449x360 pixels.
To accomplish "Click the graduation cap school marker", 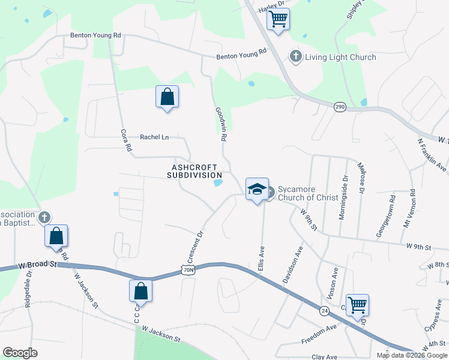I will (x=257, y=189).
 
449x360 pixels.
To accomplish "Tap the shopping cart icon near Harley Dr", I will (x=278, y=19).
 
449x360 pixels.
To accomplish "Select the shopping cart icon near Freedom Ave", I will (x=357, y=305).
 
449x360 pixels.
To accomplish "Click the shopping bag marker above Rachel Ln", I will (x=167, y=97).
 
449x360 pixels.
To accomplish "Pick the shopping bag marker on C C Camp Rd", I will (x=140, y=291).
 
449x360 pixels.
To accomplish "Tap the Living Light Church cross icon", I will (x=295, y=57).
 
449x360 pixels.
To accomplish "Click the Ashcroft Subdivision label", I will (x=194, y=171).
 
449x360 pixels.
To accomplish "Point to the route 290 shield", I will (x=340, y=107).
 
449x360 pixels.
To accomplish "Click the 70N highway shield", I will (x=187, y=270).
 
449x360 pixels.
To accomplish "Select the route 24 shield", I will (x=324, y=310).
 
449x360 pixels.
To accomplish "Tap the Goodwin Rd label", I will (x=220, y=123).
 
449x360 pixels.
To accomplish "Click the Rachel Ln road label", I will (x=154, y=137).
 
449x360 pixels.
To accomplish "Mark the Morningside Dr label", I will (x=343, y=197).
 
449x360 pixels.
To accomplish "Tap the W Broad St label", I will (x=37, y=263).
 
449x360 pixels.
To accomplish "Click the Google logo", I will (x=20, y=352).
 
